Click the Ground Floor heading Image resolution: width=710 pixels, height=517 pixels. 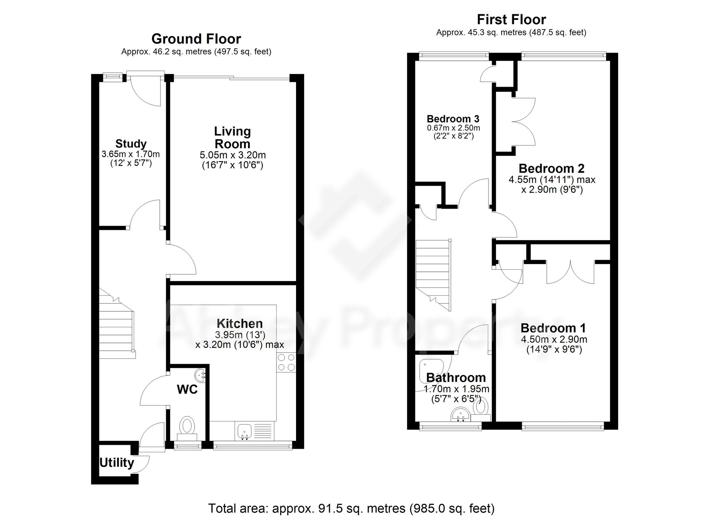[x=196, y=39]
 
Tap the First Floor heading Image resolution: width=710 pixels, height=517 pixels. [x=511, y=20]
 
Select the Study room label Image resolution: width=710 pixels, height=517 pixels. [x=131, y=144]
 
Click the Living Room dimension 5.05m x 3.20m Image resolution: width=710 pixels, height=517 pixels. [x=233, y=155]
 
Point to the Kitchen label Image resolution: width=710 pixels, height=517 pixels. [x=240, y=323]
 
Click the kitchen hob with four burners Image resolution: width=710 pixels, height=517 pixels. [x=286, y=362]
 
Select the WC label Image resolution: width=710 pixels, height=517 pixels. [x=187, y=389]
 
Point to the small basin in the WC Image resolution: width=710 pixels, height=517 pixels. [x=200, y=375]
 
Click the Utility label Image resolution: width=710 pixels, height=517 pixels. [x=116, y=463]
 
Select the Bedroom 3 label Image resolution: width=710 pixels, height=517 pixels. [x=453, y=119]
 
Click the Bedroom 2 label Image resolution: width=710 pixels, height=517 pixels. [x=552, y=168]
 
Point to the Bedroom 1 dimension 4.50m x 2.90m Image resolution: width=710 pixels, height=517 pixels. [x=554, y=339]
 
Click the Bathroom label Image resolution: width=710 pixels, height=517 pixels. [x=456, y=377]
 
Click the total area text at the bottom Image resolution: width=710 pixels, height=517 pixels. [x=351, y=508]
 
